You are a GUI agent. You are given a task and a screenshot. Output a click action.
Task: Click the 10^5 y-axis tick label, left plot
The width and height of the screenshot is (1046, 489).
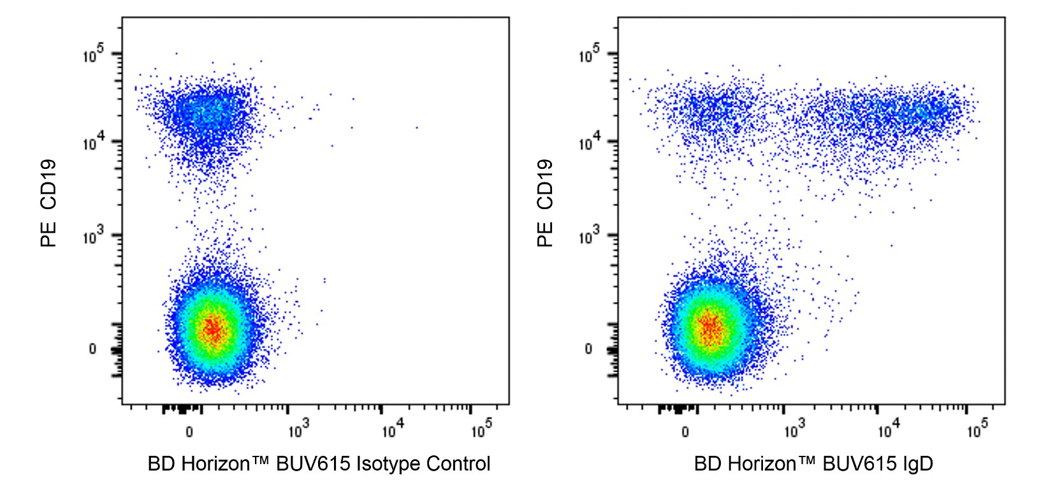(x=94, y=55)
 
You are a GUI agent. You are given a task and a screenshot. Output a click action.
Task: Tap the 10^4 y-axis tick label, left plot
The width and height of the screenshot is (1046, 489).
(x=94, y=143)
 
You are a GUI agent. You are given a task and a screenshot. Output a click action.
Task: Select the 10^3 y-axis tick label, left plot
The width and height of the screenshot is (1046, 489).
(x=94, y=237)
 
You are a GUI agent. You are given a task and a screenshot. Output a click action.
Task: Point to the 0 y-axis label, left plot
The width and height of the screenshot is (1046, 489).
(x=92, y=349)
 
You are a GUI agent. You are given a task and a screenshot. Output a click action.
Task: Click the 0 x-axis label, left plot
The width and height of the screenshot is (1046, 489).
(x=189, y=432)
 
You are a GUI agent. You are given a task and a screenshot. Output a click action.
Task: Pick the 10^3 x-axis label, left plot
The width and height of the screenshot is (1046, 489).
(x=298, y=430)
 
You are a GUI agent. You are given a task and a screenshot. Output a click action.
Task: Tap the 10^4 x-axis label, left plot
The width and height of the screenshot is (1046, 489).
(x=391, y=430)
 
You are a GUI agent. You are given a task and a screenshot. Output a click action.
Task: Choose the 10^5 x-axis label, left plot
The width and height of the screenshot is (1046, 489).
(x=481, y=430)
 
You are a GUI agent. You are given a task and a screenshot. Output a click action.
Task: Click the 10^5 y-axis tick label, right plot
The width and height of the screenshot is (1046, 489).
(x=590, y=55)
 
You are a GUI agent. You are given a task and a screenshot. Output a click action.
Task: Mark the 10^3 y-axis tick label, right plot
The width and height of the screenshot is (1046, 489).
(x=590, y=237)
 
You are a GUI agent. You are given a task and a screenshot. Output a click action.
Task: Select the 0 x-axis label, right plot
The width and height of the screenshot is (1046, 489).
(x=685, y=432)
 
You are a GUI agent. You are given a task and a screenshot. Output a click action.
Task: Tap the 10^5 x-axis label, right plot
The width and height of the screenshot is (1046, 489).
(x=977, y=430)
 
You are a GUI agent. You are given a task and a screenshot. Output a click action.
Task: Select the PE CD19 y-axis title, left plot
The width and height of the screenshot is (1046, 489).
(x=49, y=203)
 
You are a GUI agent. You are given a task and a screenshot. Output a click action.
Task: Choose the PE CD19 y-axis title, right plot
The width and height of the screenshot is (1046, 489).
(x=545, y=203)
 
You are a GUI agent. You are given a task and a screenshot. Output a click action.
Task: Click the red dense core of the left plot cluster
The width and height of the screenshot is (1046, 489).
(x=212, y=329)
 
